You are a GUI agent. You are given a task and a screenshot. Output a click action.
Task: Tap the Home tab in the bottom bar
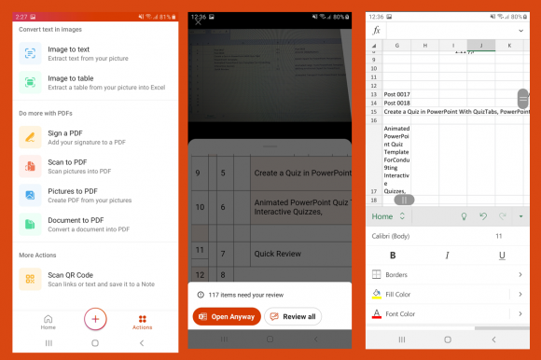point(48,321)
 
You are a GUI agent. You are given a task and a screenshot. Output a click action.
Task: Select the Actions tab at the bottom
point(143,321)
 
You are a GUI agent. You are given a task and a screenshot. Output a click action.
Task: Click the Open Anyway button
point(227,316)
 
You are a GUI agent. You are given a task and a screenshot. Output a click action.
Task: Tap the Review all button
point(293,316)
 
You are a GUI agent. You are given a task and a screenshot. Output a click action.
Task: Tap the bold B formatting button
point(393,256)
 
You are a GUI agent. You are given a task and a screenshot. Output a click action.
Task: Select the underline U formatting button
point(503,256)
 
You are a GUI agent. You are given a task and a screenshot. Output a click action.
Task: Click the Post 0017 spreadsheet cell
point(397,94)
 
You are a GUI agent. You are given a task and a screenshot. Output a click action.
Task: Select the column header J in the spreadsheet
point(480,45)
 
